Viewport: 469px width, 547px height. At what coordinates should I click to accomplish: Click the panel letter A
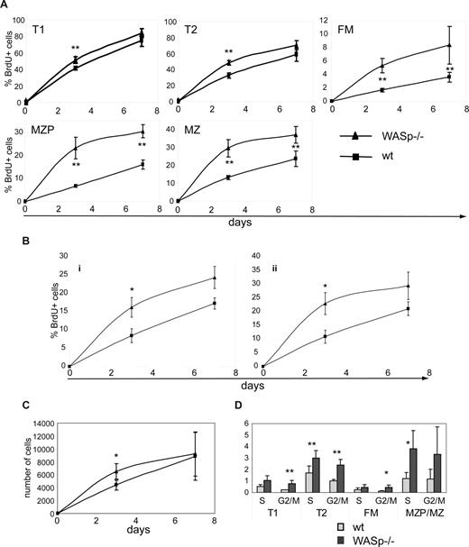[x=6, y=6]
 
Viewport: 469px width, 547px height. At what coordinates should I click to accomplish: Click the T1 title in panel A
[x=39, y=29]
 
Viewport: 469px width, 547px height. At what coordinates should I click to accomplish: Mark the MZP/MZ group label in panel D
[x=428, y=509]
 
